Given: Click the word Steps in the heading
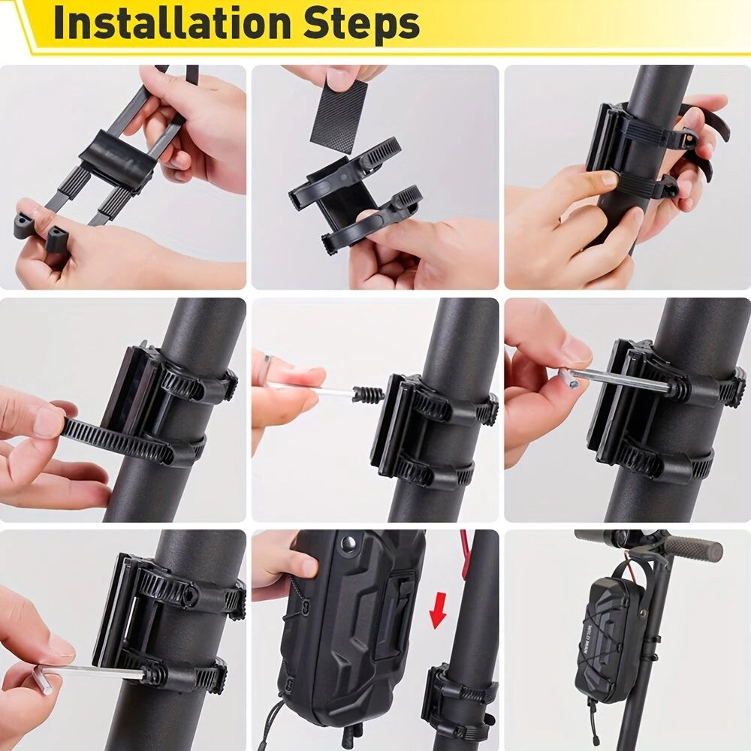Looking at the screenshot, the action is [362, 25].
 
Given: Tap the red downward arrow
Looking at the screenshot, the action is [438, 610].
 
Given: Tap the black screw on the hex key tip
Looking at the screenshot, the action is [368, 394].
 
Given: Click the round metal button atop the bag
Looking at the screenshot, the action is [348, 543].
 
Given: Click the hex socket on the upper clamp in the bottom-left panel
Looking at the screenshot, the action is [190, 597].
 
